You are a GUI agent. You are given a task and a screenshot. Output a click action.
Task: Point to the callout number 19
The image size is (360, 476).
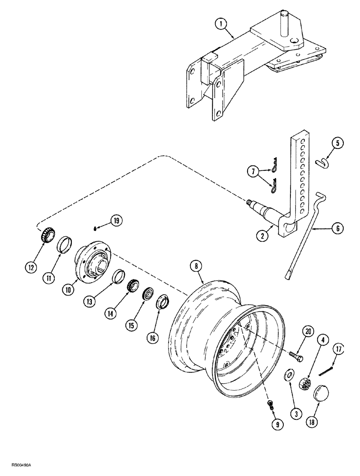116,220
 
